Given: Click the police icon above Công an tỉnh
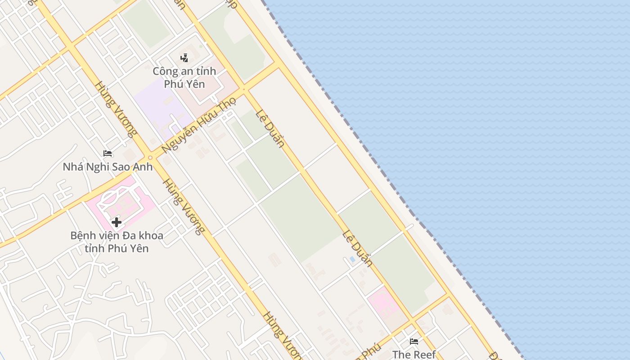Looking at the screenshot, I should click(184, 58).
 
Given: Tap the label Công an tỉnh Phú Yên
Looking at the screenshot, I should click(184, 77).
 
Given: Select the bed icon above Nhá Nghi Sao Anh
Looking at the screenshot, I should click(107, 154).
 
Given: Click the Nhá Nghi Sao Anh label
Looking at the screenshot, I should click(108, 167).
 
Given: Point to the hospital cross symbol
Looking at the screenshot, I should click(117, 222).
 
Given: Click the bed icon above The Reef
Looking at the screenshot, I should click(414, 342).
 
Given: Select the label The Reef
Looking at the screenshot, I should click(414, 354).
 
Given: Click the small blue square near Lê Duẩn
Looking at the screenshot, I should click(352, 259).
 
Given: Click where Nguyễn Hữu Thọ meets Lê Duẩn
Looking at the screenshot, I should click(244, 89).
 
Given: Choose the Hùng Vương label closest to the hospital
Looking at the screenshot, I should click(184, 207).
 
